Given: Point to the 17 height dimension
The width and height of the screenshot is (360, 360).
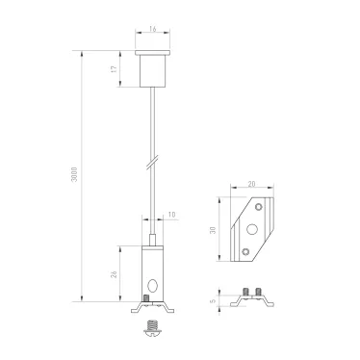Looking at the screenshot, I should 115,69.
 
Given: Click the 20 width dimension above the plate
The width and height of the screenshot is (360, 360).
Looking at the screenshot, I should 251,183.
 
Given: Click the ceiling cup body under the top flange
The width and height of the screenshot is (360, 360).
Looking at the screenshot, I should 153,71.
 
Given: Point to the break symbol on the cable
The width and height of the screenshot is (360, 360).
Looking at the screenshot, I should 153,156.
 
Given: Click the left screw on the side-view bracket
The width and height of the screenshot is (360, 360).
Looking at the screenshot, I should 245,291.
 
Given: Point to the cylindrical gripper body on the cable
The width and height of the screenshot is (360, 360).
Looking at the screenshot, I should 153,271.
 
